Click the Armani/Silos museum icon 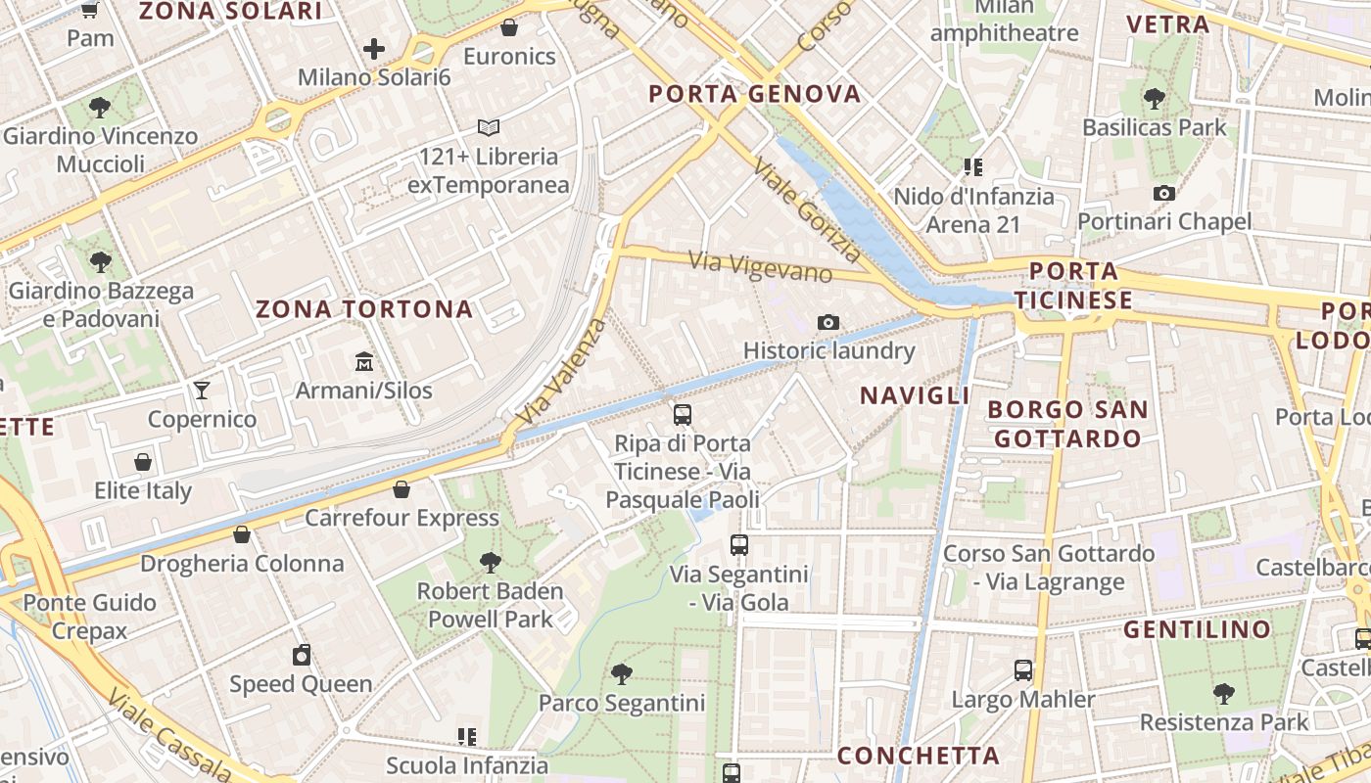(x=364, y=362)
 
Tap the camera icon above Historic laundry (x=827, y=322)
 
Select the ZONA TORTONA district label (x=364, y=310)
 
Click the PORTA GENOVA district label (x=755, y=95)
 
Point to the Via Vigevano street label (x=760, y=266)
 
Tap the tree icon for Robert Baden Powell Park (x=490, y=562)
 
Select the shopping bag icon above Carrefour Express (x=401, y=488)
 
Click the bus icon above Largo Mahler (x=1023, y=670)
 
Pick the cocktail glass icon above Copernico (x=202, y=391)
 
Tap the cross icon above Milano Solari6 (x=373, y=48)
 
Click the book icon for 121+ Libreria (x=488, y=127)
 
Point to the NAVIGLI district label (x=915, y=395)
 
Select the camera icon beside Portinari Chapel (x=1163, y=193)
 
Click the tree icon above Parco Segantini (x=621, y=673)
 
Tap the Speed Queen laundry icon (x=302, y=655)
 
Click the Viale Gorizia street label (x=808, y=211)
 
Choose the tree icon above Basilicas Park (x=1154, y=98)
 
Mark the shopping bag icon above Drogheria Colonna (x=241, y=534)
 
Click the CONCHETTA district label (x=919, y=756)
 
